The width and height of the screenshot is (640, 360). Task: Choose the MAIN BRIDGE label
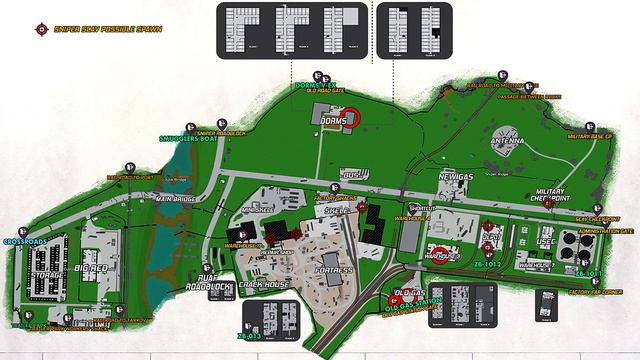(176, 199)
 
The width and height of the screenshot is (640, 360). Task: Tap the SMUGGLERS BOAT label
(187, 140)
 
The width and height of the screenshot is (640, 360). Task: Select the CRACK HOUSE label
(264, 285)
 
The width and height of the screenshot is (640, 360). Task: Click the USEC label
(546, 240)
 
